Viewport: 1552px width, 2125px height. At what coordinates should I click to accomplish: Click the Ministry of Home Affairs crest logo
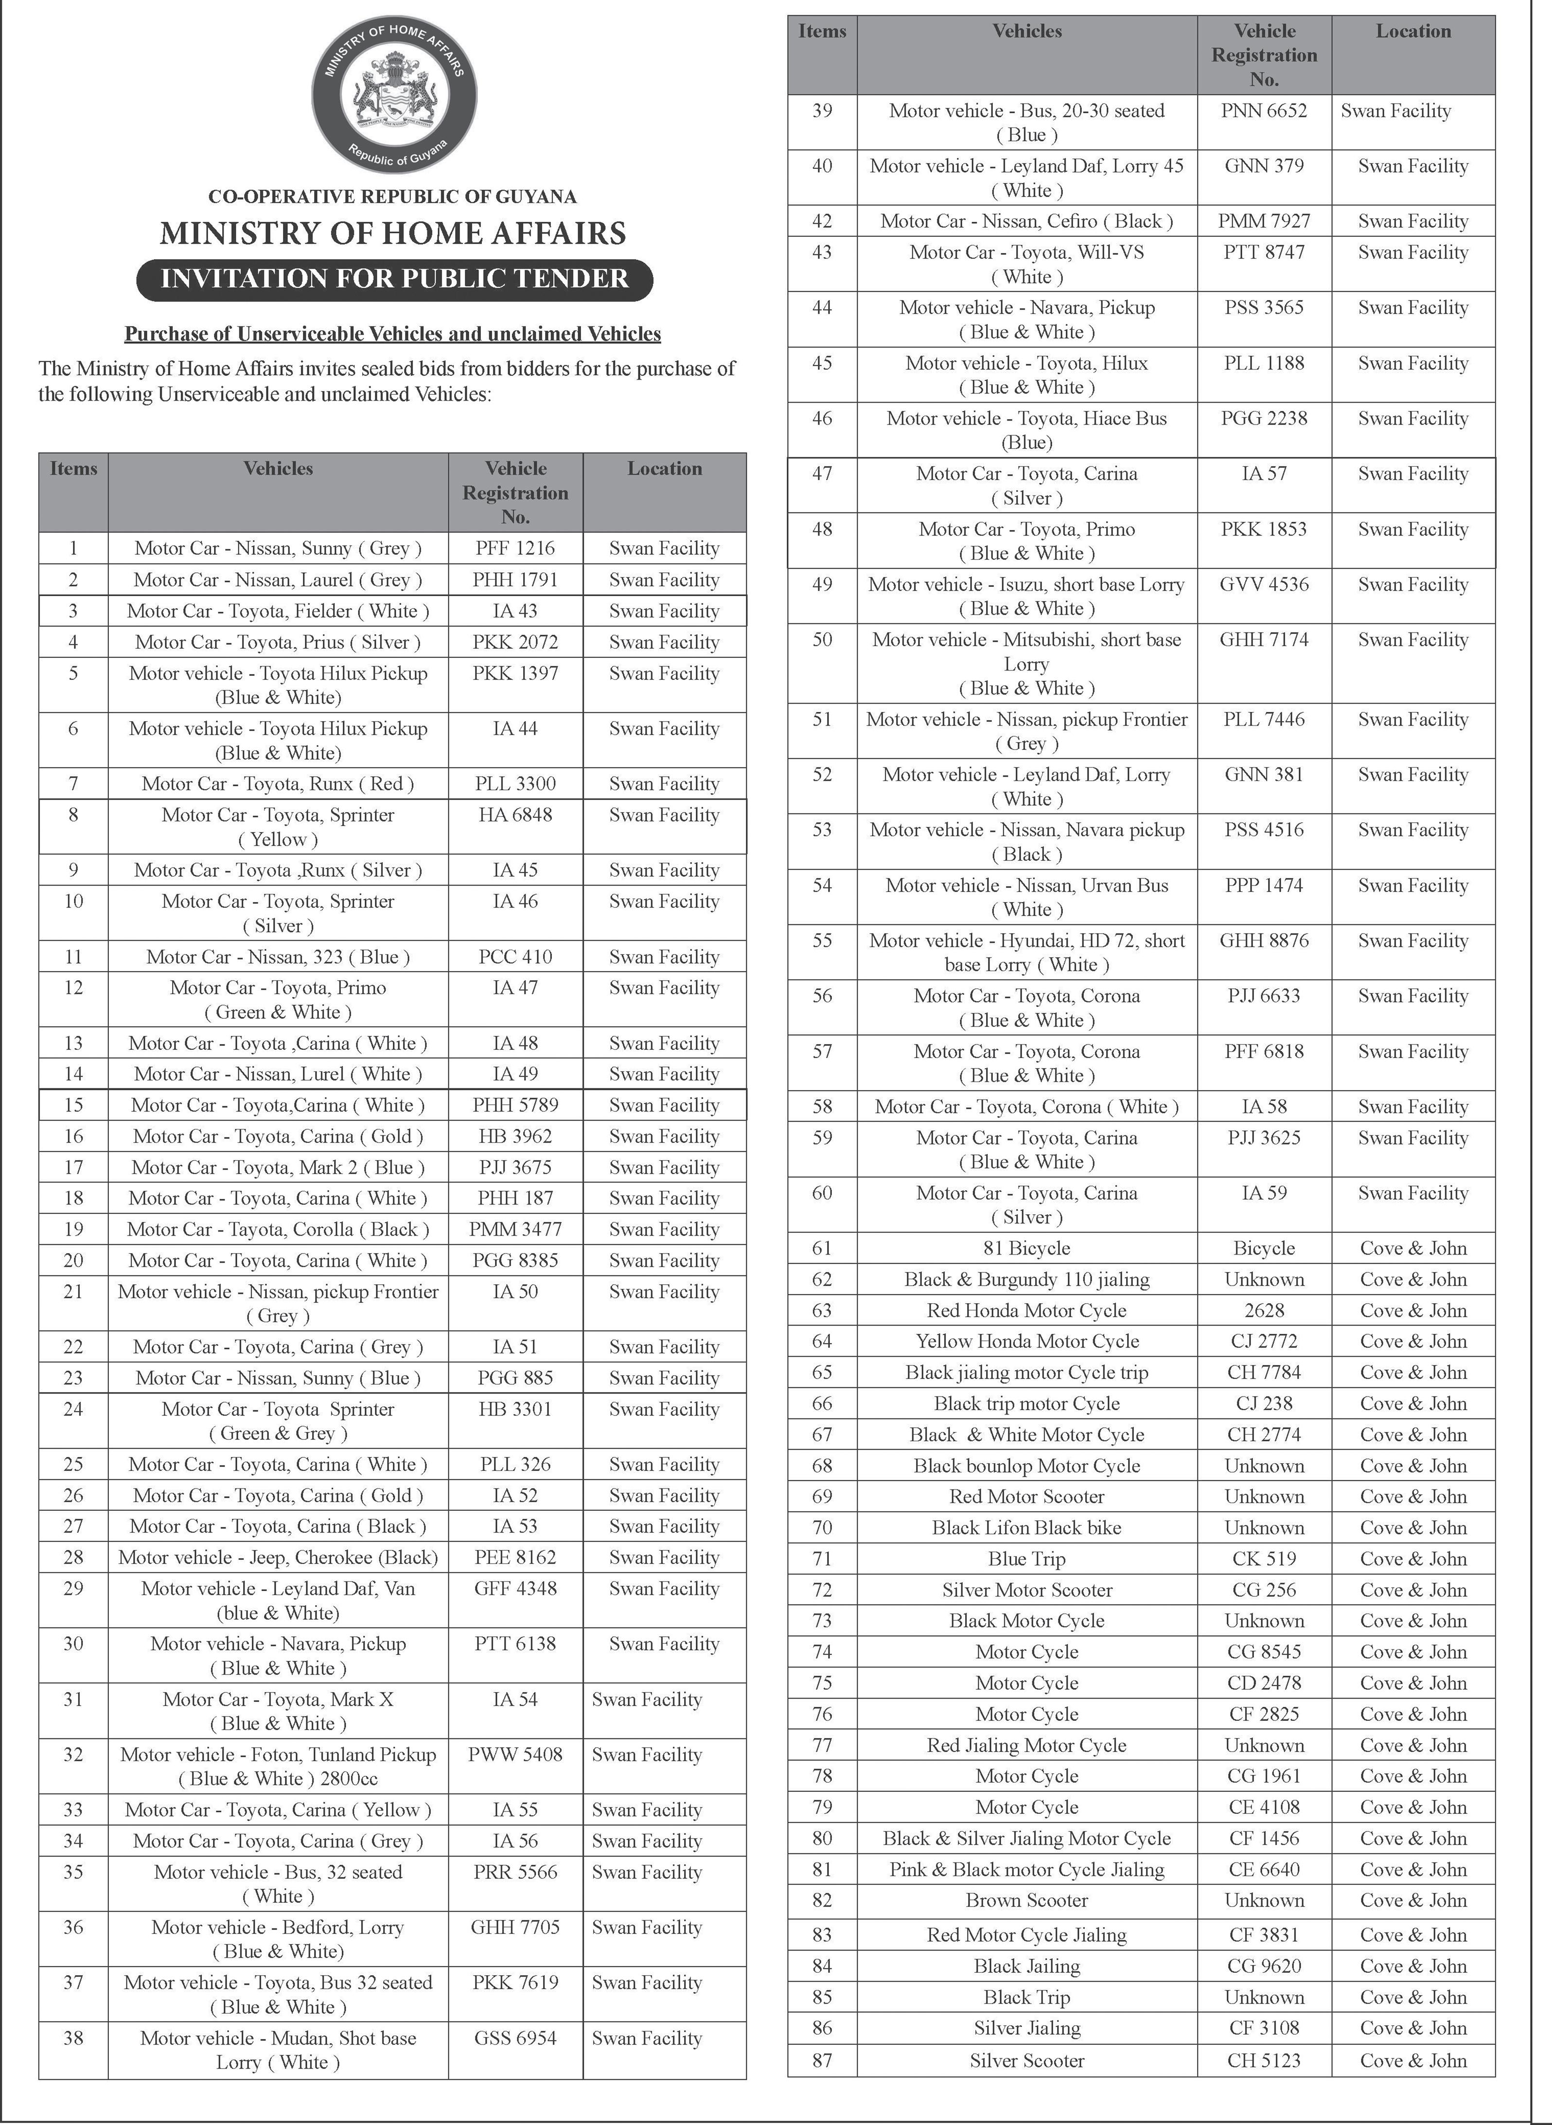pos(395,95)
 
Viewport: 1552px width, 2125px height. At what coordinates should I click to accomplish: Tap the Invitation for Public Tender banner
pos(395,279)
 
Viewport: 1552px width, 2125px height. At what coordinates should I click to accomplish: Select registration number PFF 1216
pos(515,549)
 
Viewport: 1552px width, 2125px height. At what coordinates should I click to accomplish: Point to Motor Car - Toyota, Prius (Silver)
pos(278,642)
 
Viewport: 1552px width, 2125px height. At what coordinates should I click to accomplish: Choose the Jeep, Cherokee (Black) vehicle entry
pos(278,1558)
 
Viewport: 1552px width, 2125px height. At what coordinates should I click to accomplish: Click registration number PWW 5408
pos(515,1755)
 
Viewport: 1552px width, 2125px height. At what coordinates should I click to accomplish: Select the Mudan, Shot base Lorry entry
pos(278,2050)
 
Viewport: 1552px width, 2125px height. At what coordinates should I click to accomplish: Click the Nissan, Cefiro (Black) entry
pos(1027,222)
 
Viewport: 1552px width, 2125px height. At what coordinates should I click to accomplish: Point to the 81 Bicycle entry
pos(1027,1249)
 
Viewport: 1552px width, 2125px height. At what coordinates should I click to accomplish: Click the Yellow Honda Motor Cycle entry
pos(1027,1342)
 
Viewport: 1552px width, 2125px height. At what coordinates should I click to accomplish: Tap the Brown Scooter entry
pos(1027,1900)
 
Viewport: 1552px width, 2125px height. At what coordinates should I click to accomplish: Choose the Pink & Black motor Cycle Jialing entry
pos(1027,1870)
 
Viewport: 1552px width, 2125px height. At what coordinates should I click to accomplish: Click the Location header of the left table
pos(664,469)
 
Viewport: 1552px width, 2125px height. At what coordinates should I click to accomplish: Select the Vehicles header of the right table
pos(1027,31)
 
